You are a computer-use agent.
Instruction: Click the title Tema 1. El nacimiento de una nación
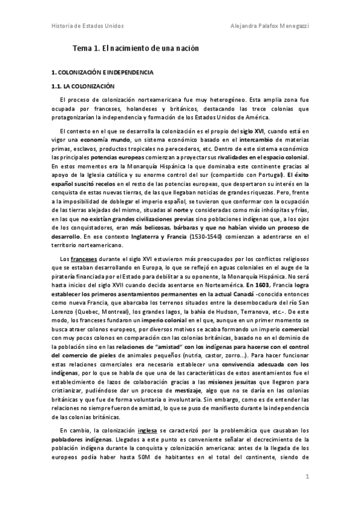(x=135, y=48)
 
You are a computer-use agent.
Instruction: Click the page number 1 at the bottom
(x=307, y=477)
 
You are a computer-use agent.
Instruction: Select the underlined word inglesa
(x=146, y=430)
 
